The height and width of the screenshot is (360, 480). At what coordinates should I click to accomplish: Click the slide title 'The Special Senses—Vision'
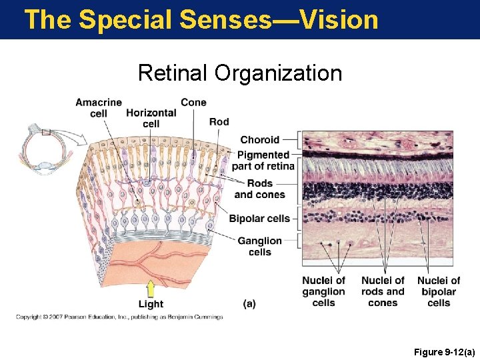point(201,19)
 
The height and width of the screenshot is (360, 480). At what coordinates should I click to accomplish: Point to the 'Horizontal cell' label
point(151,118)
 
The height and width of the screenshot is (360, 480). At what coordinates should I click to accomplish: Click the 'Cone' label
point(193,102)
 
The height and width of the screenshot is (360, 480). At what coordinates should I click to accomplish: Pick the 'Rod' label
point(219,121)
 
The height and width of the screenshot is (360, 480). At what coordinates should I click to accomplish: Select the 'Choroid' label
point(259,140)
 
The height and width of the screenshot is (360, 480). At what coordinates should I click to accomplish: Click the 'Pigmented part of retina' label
point(263,161)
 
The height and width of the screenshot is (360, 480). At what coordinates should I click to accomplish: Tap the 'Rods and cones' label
point(259,189)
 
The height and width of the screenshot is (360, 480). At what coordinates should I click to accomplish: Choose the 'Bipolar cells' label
point(259,219)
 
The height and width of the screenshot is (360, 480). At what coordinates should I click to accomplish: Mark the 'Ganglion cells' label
point(259,246)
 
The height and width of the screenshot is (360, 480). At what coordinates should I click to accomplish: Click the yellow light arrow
point(151,289)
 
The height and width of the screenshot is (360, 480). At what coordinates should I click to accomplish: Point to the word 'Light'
point(151,304)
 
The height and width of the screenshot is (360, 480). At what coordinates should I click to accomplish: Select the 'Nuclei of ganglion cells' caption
point(323,291)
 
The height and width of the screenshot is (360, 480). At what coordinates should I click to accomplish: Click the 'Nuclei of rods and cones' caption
point(383,291)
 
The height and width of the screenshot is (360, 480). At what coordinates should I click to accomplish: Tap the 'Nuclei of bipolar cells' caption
point(439,291)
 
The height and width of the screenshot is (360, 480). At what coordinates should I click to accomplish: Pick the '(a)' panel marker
point(249,304)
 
